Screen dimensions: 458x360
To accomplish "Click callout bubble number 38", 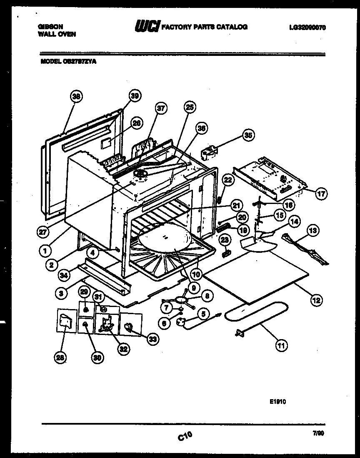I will pyautogui.click(x=76, y=97).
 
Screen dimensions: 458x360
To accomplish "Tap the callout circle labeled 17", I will pyautogui.click(x=321, y=194).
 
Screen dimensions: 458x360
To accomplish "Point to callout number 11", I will pyautogui.click(x=281, y=345).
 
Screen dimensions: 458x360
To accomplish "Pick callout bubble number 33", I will pyautogui.click(x=153, y=340).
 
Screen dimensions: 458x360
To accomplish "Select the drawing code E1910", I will pyautogui.click(x=277, y=402).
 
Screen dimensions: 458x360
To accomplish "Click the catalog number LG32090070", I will pyautogui.click(x=307, y=28).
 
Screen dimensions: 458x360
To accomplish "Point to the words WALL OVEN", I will pyautogui.click(x=57, y=34).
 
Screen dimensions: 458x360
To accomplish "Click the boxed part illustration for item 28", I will pyautogui.click(x=66, y=321).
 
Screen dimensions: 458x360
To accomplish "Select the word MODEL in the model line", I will pyautogui.click(x=49, y=61).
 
